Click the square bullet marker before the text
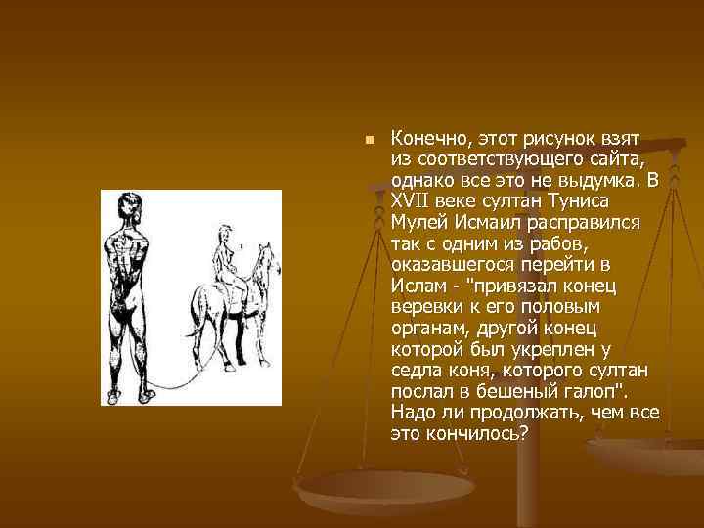[x=369, y=141]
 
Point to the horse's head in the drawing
[x=263, y=257]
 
